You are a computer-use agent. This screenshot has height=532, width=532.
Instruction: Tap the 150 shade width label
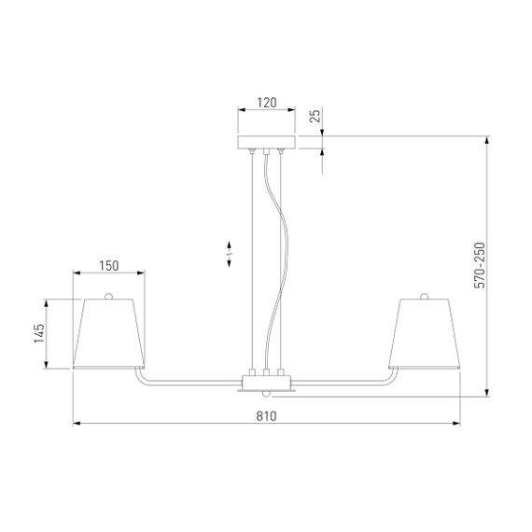tap(109, 266)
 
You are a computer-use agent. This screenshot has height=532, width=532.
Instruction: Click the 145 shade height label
tap(38, 333)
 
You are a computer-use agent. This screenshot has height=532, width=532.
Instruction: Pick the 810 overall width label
tap(266, 417)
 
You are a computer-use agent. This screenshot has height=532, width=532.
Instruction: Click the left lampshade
tap(109, 333)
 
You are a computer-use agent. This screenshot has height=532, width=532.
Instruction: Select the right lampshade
tap(427, 333)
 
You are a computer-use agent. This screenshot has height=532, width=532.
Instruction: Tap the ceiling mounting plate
tap(266, 142)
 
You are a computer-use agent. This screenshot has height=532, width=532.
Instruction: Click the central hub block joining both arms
tap(266, 382)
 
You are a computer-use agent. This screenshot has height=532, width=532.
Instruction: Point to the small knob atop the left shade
tap(109, 296)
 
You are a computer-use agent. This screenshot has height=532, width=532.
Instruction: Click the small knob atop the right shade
tap(427, 296)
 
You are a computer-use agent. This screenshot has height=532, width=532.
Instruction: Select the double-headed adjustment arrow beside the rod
tap(230, 255)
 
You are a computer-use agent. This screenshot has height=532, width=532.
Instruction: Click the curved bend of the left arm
tap(139, 378)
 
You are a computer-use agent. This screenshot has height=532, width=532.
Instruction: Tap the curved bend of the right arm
tap(396, 378)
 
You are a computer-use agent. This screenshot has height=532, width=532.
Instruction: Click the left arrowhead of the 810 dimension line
tap(77, 425)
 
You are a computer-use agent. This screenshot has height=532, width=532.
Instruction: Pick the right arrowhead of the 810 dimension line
tap(457, 425)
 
